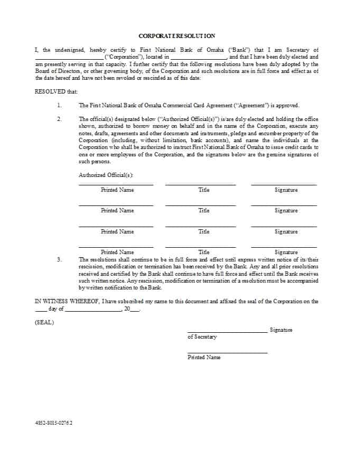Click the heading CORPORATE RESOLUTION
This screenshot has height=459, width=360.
coord(177,36)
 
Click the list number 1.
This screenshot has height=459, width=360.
coord(59,105)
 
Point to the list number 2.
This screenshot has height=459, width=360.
coord(59,119)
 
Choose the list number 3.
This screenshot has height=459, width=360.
coord(59,259)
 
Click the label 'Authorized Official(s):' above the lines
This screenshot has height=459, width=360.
coord(106,175)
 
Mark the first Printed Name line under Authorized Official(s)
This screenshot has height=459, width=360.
coord(116,184)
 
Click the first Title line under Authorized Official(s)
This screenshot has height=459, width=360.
coord(200,184)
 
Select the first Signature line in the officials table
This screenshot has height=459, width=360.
coord(284,184)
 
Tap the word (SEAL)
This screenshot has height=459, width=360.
coord(44,322)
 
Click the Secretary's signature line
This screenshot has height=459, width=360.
coord(227,332)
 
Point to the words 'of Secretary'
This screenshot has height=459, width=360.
coord(202,337)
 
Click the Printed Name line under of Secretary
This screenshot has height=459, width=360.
coord(227,352)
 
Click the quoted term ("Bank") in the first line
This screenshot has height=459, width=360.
coord(239,50)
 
